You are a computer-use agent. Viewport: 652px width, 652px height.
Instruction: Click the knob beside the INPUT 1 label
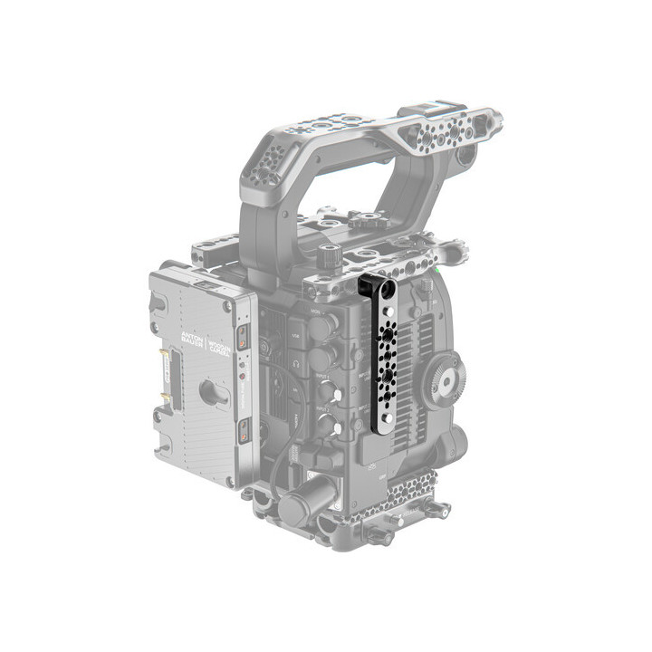[x=327, y=392]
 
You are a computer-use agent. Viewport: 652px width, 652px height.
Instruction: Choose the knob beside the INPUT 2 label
[x=327, y=424]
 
